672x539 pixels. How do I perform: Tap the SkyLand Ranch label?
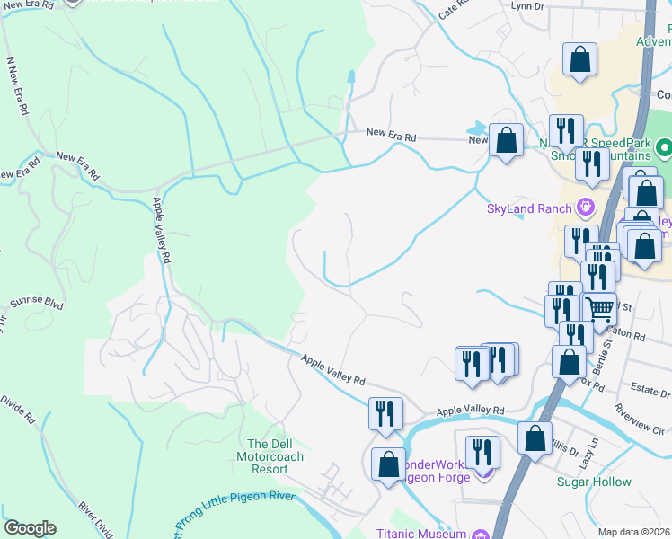click(x=529, y=209)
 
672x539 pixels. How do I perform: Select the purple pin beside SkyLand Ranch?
click(x=586, y=208)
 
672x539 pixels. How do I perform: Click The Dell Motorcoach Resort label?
click(x=276, y=456)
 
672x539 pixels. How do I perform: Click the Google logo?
click(x=30, y=528)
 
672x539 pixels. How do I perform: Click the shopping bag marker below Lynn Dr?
click(x=580, y=61)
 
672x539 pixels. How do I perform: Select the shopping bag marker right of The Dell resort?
click(x=388, y=465)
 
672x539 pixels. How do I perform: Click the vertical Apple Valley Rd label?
click(x=162, y=230)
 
